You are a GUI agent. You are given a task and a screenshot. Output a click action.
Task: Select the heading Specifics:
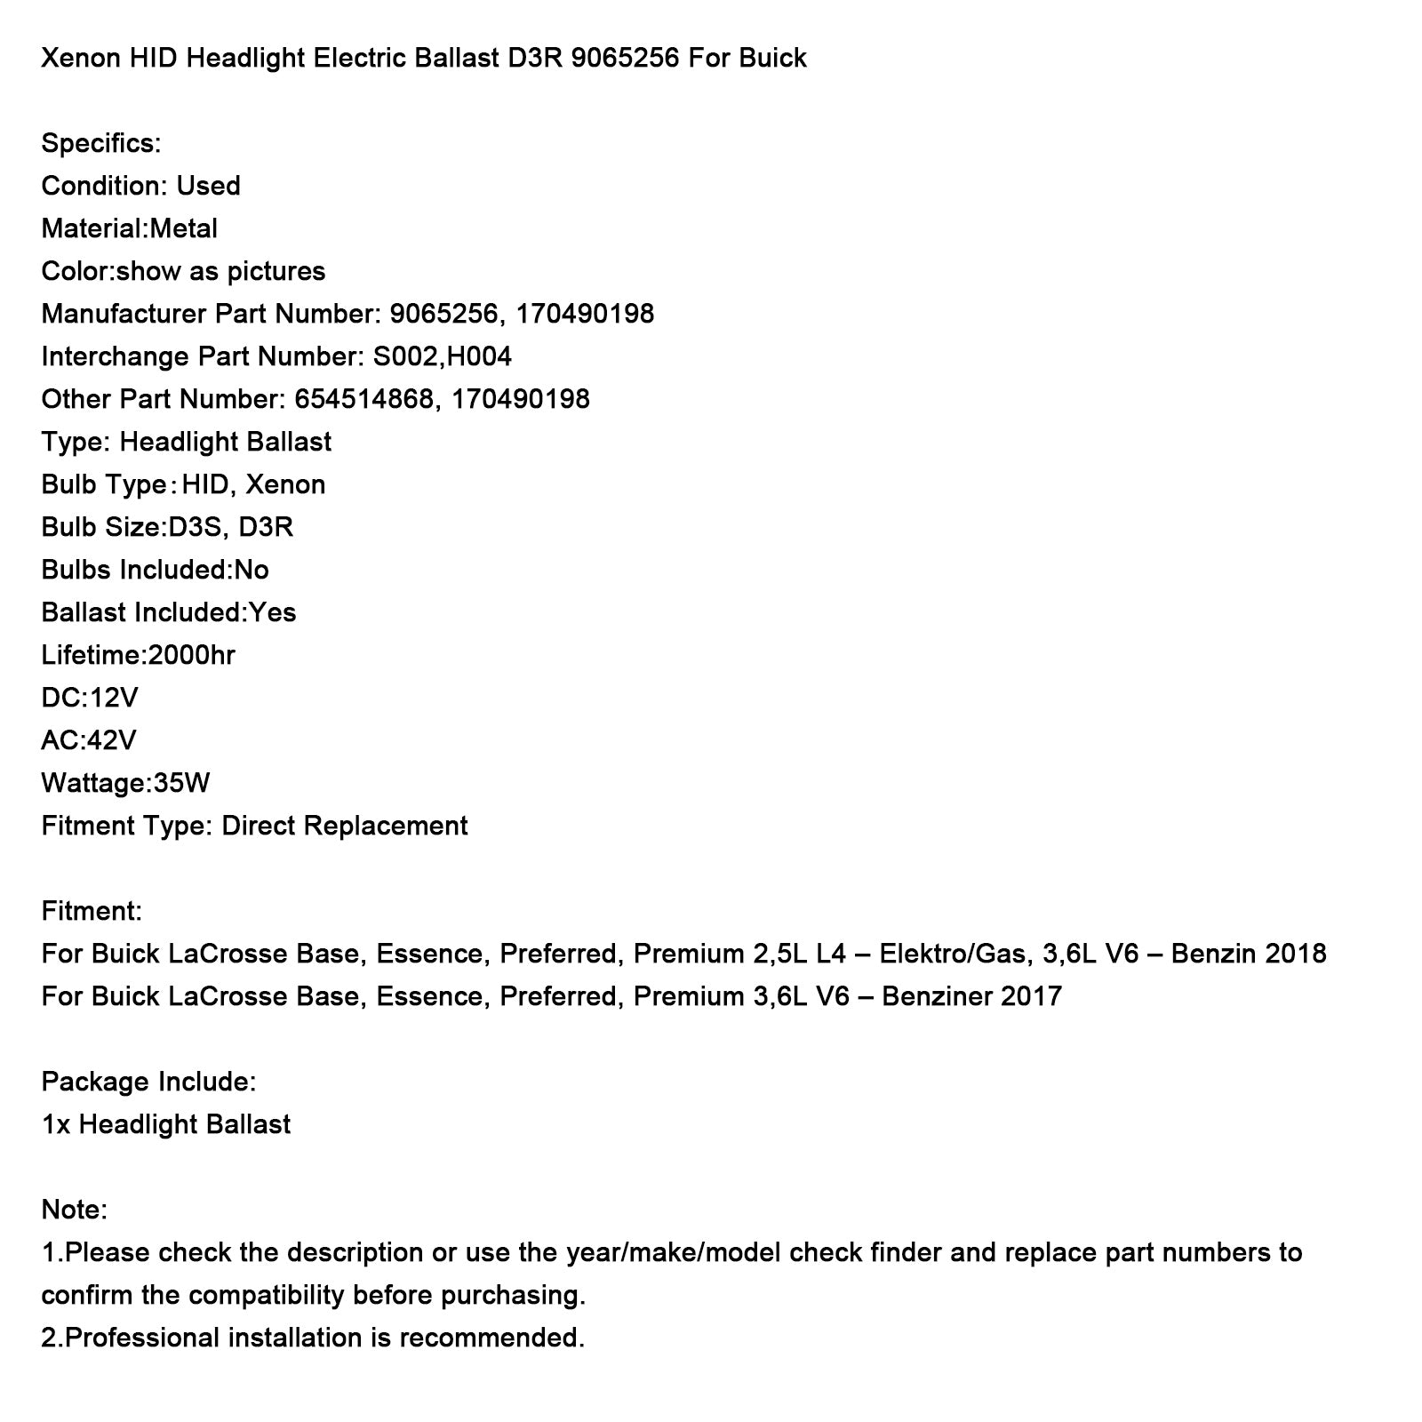(x=101, y=143)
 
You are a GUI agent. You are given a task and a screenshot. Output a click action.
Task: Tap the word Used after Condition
(x=208, y=186)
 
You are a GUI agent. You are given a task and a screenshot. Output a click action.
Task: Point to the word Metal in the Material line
(x=183, y=228)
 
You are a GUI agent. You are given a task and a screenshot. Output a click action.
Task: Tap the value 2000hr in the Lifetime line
(x=192, y=655)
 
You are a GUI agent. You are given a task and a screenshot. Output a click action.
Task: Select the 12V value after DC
(x=114, y=698)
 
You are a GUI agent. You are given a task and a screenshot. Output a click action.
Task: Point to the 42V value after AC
(x=113, y=740)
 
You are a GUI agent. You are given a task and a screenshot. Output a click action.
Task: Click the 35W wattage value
(x=182, y=783)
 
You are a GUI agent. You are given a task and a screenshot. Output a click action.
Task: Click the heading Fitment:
(x=92, y=911)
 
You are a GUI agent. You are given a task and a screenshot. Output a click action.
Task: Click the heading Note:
(x=75, y=1210)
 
